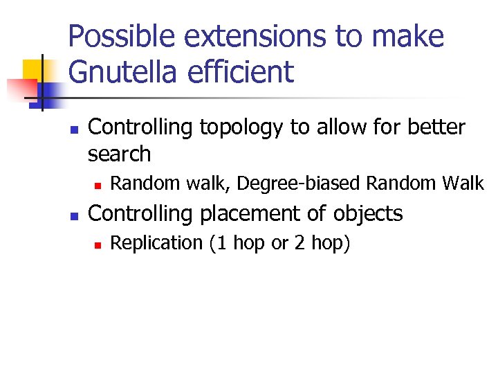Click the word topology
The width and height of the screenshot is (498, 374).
coord(232,128)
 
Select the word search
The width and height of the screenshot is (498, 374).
coord(119,154)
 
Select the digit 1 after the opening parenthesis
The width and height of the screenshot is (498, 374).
coord(220,243)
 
